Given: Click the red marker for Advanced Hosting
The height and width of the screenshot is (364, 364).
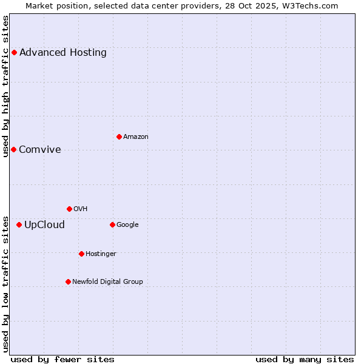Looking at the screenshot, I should (x=14, y=52).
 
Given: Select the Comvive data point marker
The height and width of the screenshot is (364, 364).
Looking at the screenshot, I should (x=13, y=149).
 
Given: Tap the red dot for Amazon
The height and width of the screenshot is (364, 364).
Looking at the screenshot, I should (x=119, y=136).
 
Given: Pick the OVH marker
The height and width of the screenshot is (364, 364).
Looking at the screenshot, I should (x=69, y=209).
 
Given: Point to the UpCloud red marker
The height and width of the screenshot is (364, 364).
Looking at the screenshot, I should (x=19, y=224).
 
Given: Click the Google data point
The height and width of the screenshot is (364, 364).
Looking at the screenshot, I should (x=112, y=224).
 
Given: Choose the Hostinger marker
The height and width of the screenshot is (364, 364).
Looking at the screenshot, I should (x=81, y=254).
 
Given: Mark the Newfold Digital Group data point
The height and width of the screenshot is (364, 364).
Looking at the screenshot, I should (x=68, y=281).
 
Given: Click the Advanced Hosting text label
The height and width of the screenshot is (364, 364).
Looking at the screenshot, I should (x=63, y=52).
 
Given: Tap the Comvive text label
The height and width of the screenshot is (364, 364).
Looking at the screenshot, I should (x=40, y=150).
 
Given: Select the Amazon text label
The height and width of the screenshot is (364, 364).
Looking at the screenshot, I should (x=136, y=137).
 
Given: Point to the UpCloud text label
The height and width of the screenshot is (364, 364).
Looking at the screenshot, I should (x=44, y=225).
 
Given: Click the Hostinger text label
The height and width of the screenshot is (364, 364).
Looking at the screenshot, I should (x=101, y=254).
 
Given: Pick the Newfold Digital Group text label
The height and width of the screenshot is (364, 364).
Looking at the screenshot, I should (x=107, y=281).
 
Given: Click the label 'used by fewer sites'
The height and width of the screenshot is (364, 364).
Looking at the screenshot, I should (x=62, y=359).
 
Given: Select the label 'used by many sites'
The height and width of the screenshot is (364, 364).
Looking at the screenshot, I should (x=305, y=359).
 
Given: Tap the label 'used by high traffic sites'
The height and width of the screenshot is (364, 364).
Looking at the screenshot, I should (x=6, y=86).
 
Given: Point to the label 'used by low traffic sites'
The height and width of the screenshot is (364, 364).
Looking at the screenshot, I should (x=6, y=283).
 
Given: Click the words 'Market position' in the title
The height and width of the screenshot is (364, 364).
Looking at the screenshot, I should (x=55, y=5).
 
